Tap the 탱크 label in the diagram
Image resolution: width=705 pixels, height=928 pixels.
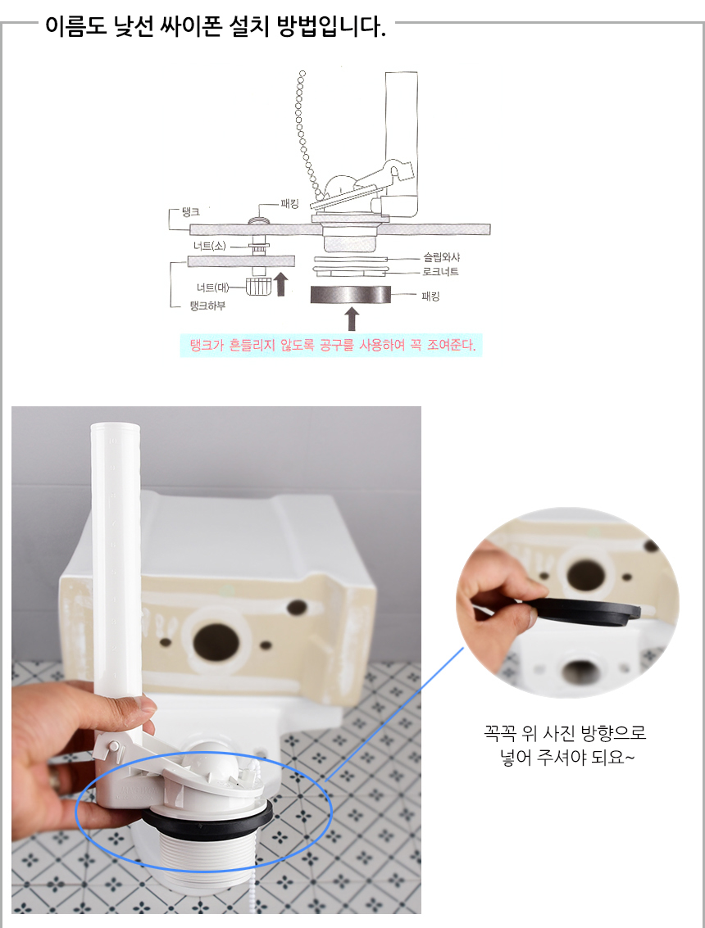(x=191, y=212)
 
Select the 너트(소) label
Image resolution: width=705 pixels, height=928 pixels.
(x=209, y=246)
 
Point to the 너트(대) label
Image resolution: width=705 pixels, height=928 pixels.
(x=212, y=287)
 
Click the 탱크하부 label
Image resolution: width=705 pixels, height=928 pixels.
(x=207, y=306)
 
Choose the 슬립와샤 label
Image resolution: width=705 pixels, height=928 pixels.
(x=441, y=257)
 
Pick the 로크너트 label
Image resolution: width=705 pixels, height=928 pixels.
(x=441, y=272)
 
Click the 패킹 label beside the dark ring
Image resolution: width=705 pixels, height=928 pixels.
(x=430, y=296)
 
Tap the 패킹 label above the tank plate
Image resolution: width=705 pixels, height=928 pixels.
(x=289, y=204)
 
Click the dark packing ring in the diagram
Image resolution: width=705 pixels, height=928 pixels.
(x=351, y=294)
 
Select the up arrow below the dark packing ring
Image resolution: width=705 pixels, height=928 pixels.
(x=352, y=319)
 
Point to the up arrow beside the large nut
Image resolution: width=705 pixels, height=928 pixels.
(x=281, y=284)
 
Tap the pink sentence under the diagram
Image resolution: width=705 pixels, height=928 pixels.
(x=332, y=345)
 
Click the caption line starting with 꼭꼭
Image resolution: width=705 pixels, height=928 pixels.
(x=565, y=733)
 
